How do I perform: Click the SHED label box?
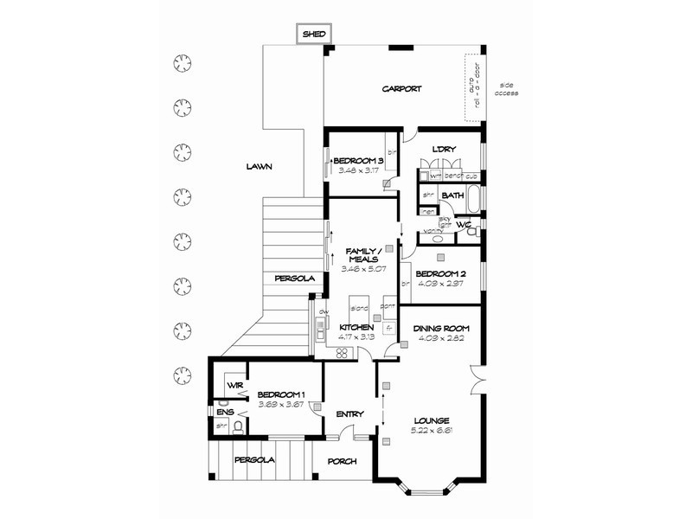click(x=312, y=34)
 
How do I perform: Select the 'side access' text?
click(x=506, y=89)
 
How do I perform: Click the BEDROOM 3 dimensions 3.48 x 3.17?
click(x=357, y=170)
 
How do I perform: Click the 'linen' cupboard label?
click(x=426, y=210)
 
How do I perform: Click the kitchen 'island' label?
click(x=359, y=308)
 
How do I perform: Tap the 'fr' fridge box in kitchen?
click(x=389, y=328)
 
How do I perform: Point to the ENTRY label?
click(x=349, y=413)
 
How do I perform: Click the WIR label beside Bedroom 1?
click(x=234, y=385)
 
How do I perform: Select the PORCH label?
click(x=343, y=461)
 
